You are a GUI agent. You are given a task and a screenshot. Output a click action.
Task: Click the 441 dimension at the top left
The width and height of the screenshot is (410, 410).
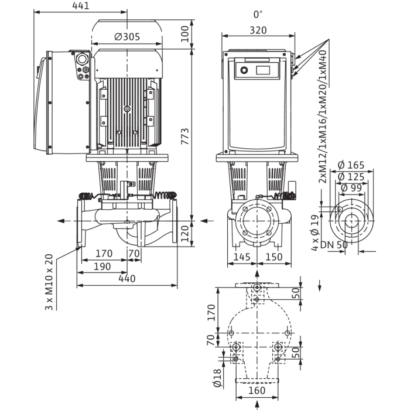81,6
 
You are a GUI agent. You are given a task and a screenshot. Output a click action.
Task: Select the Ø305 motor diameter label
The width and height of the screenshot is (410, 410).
127,37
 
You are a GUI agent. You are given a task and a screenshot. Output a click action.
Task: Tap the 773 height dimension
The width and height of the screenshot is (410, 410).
185,136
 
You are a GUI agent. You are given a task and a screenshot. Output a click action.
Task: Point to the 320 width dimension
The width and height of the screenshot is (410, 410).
258,30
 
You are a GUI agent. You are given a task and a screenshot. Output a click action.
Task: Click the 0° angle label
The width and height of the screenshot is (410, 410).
258,15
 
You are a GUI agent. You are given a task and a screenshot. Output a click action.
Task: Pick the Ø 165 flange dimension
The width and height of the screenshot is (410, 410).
351,165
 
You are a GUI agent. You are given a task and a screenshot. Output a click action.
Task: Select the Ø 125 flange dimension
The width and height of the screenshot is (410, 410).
351,177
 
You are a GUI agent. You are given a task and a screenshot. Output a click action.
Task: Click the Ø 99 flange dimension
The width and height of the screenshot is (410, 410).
351,188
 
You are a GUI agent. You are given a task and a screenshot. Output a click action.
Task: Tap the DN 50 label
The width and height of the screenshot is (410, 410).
334,245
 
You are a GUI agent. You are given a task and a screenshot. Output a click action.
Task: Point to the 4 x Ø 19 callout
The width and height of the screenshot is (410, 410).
315,233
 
